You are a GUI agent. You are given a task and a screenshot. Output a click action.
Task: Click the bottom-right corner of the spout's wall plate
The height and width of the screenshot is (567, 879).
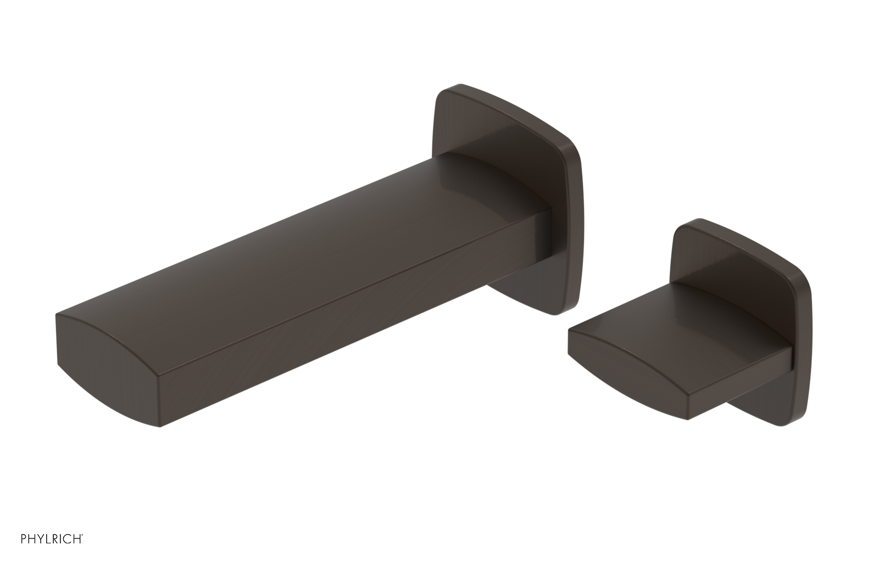coord(571,310)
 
